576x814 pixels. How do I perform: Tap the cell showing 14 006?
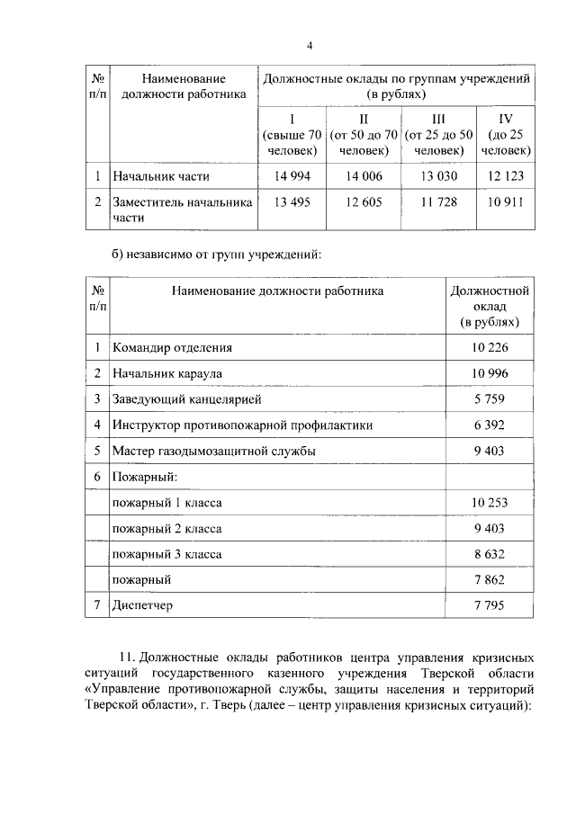tap(364, 176)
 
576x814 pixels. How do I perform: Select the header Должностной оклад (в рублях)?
tap(490, 306)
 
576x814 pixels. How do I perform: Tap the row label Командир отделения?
tap(172, 347)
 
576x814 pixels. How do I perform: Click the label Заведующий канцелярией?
tap(186, 398)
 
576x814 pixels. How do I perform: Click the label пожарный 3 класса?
tap(166, 554)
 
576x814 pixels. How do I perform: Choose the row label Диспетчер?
tap(141, 605)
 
